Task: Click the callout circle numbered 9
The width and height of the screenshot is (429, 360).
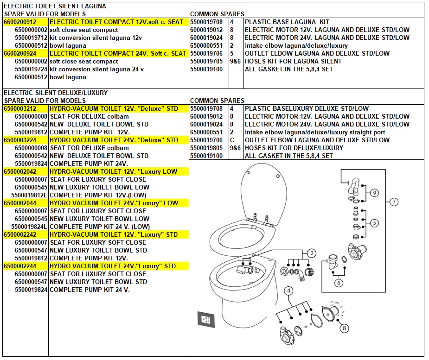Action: tap(375, 193)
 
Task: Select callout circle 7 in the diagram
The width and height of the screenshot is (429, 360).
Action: tap(394, 202)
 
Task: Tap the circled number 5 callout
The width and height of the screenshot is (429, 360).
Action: tap(375, 223)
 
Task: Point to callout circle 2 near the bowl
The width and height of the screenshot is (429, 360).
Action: tap(312, 253)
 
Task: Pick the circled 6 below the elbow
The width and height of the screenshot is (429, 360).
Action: tap(339, 283)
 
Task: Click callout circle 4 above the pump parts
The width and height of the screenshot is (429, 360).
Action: tap(288, 291)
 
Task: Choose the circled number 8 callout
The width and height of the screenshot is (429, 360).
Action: tap(345, 328)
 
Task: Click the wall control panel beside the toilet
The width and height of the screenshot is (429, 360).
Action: tap(206, 319)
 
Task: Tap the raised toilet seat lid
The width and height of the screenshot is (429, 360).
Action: tap(263, 194)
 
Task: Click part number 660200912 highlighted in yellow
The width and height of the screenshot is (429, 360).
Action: tap(20, 22)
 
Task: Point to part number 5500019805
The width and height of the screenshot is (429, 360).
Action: tap(206, 148)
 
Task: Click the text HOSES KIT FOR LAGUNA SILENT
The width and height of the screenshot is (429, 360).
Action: tap(293, 61)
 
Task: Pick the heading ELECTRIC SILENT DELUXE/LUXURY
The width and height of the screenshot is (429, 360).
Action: tap(56, 93)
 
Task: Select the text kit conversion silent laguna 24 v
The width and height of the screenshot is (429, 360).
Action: tap(96, 69)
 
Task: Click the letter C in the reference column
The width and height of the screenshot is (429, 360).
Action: tap(232, 140)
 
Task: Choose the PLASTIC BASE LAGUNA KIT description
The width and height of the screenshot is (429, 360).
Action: tap(287, 22)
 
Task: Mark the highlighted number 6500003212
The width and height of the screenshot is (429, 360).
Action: tap(20, 108)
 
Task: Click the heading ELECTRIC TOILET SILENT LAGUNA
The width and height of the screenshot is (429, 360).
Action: tap(55, 6)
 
